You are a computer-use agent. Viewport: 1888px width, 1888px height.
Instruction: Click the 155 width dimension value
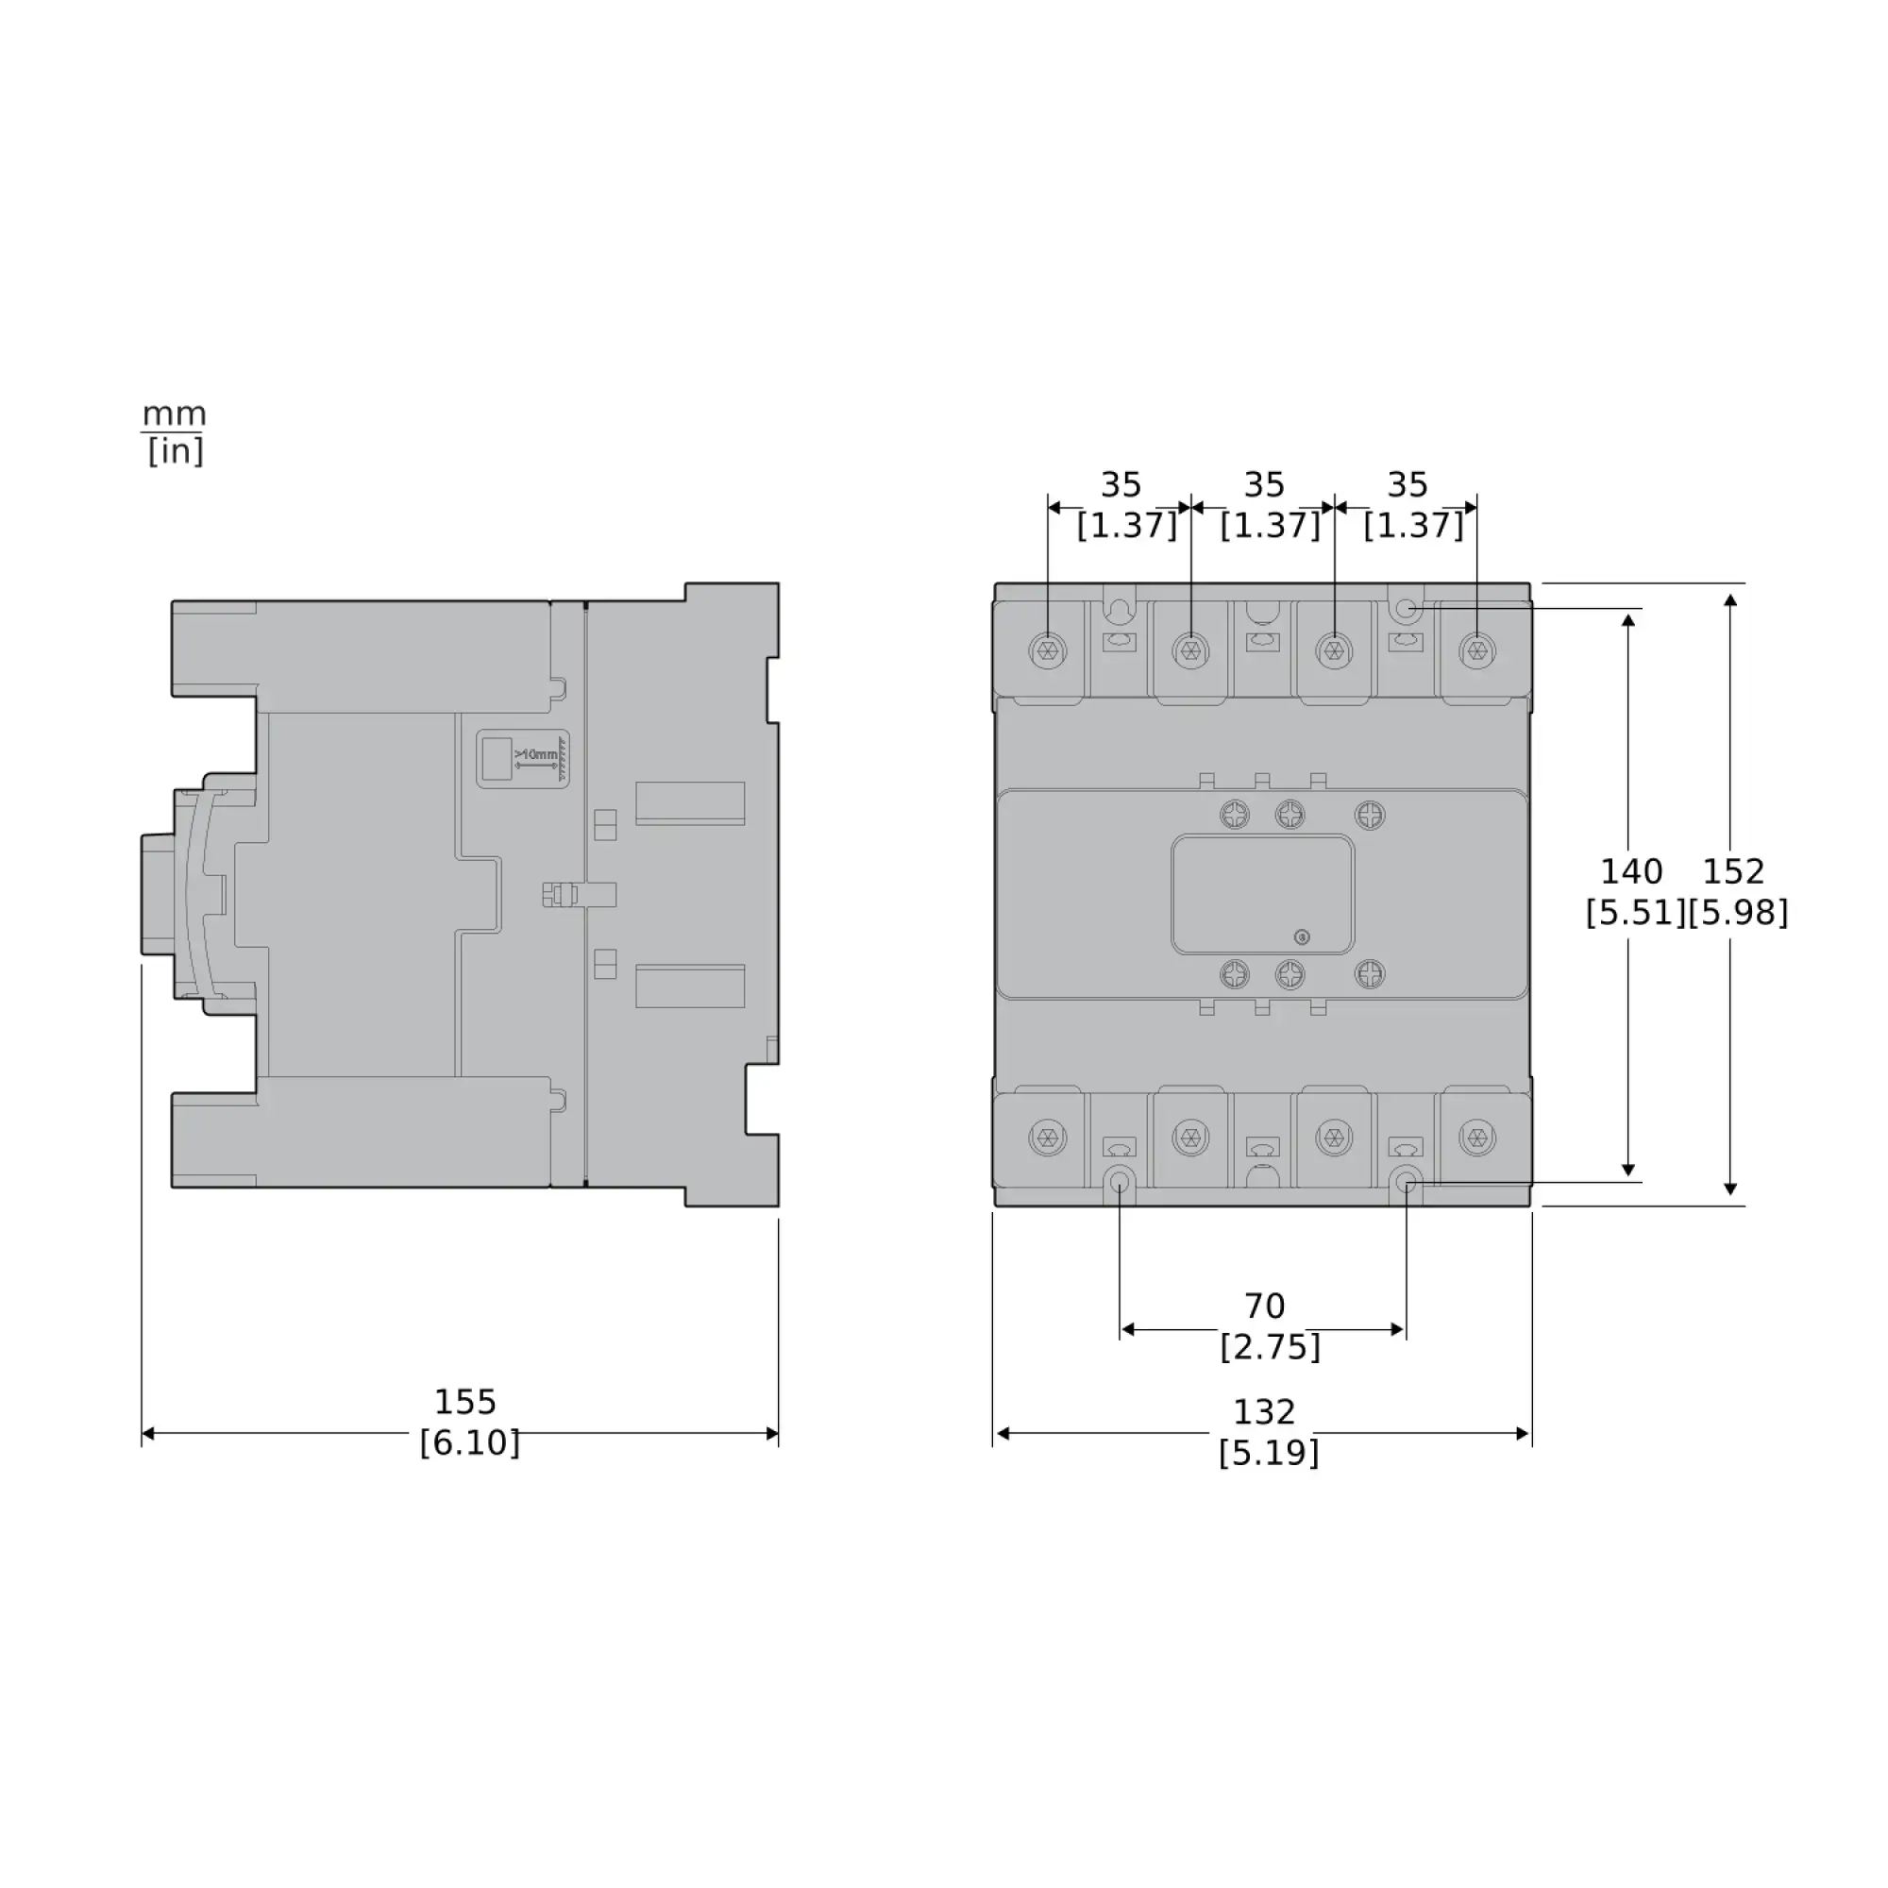[x=465, y=1403]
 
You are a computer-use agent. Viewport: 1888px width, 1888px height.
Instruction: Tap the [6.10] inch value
[x=469, y=1443]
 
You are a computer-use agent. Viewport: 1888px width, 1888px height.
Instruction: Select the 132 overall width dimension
[x=1264, y=1412]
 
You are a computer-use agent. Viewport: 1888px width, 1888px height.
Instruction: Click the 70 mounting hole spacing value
[x=1264, y=1306]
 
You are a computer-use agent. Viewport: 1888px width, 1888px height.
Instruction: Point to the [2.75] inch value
[x=1270, y=1348]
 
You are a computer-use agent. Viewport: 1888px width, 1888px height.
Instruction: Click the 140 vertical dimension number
[x=1631, y=870]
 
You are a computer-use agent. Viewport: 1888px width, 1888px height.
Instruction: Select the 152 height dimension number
[x=1733, y=870]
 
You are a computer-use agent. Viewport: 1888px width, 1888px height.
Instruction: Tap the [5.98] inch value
[x=1739, y=913]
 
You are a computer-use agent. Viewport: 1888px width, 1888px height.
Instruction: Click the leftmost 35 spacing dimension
[x=1121, y=484]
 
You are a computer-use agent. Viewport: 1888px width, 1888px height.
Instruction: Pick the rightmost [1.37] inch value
[x=1413, y=526]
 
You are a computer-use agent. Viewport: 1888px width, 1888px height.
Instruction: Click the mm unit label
[x=174, y=414]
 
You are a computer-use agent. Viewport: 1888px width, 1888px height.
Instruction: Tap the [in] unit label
[x=175, y=451]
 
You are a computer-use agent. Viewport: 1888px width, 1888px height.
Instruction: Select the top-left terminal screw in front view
[x=1048, y=649]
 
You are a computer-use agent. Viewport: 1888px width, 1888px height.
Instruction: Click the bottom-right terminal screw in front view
[x=1476, y=1137]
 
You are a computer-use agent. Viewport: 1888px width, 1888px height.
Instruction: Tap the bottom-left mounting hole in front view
[x=1120, y=1184]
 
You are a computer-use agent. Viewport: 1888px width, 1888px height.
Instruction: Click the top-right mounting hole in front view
[x=1406, y=610]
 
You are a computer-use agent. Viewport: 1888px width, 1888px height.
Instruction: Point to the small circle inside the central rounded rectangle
[x=1301, y=937]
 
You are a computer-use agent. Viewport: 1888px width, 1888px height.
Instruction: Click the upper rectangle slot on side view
[x=690, y=803]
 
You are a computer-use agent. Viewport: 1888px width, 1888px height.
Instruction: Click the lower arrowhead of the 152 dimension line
[x=1730, y=1189]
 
